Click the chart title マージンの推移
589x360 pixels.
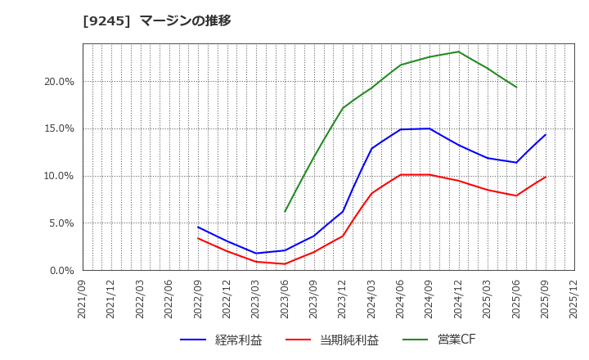click(x=185, y=20)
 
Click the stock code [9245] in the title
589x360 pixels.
click(x=106, y=20)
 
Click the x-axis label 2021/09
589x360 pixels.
click(x=83, y=299)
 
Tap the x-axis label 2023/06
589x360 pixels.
click(x=285, y=299)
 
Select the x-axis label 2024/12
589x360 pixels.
click(x=458, y=299)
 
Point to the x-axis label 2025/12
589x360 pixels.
click(x=574, y=299)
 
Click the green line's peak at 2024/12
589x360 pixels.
click(x=458, y=52)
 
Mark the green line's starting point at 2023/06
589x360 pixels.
click(x=285, y=212)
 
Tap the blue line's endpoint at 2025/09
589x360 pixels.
click(x=546, y=134)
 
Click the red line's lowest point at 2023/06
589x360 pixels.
click(x=285, y=263)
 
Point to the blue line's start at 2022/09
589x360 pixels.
click(x=198, y=227)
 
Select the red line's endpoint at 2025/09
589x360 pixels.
click(x=546, y=177)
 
